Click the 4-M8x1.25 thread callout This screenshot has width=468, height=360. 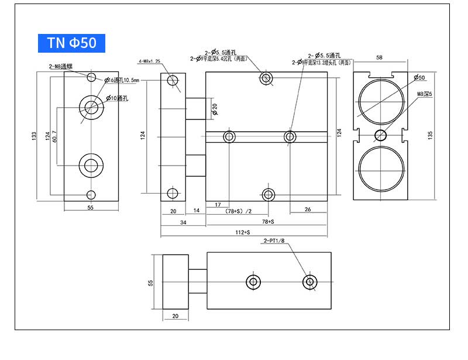pyautogui.click(x=150, y=61)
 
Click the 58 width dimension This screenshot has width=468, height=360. pyautogui.click(x=380, y=58)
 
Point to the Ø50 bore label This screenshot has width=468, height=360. pyautogui.click(x=419, y=77)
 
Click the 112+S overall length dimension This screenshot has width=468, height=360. pyautogui.click(x=241, y=232)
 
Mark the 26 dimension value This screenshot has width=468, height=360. pyautogui.click(x=308, y=209)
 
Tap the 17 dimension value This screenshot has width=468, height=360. pyautogui.click(x=218, y=204)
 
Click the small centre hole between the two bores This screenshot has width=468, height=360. pyautogui.click(x=380, y=136)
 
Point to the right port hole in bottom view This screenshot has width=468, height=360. pyautogui.click(x=310, y=282)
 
